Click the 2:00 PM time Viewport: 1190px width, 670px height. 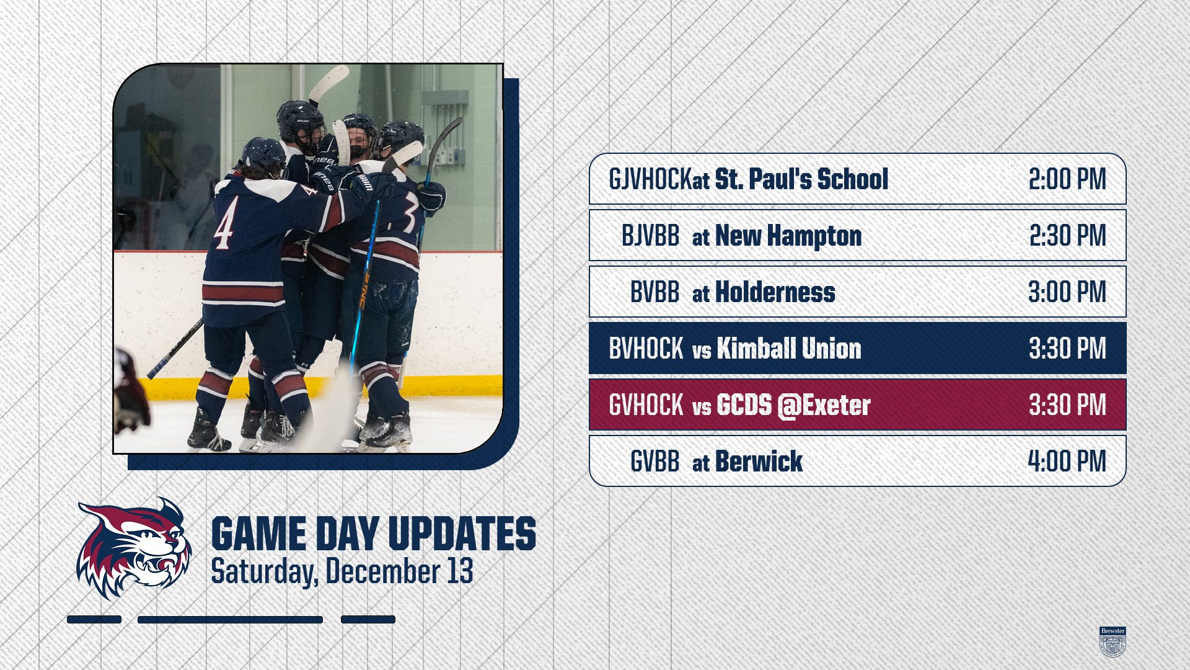[1067, 179]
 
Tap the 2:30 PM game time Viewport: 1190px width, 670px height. [1068, 236]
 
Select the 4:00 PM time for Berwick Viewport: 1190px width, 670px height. [1067, 462]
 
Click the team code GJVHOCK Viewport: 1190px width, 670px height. [650, 179]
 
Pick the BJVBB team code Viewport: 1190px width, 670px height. [650, 236]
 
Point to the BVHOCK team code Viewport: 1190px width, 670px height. [646, 349]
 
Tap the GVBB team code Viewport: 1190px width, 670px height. [654, 462]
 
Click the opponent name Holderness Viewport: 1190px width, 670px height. [775, 292]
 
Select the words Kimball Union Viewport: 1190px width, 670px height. [789, 349]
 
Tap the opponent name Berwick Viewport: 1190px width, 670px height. [759, 462]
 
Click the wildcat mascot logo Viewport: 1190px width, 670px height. [134, 548]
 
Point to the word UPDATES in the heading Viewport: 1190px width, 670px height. [462, 534]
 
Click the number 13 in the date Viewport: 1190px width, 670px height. [460, 571]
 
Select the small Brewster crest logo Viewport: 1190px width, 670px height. [1113, 641]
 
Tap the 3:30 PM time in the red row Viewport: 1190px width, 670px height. [1067, 405]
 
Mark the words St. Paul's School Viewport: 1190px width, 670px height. [801, 179]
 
